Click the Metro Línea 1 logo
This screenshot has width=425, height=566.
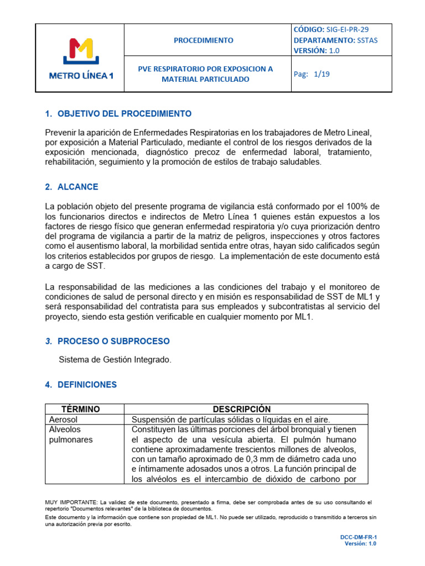(80, 58)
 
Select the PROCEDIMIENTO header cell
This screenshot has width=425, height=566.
(204, 40)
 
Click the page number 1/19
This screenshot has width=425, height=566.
(322, 74)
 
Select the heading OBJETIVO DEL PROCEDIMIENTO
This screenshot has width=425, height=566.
(125, 114)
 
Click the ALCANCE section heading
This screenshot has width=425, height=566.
(78, 187)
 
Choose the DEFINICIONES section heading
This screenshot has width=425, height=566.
(87, 384)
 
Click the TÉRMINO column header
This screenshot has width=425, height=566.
(81, 409)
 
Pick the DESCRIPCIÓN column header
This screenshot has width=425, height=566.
(242, 409)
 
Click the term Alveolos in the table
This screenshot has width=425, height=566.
(65, 429)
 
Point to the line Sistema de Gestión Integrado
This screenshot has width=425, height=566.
(115, 360)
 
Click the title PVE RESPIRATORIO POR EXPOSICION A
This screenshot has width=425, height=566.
(205, 69)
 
